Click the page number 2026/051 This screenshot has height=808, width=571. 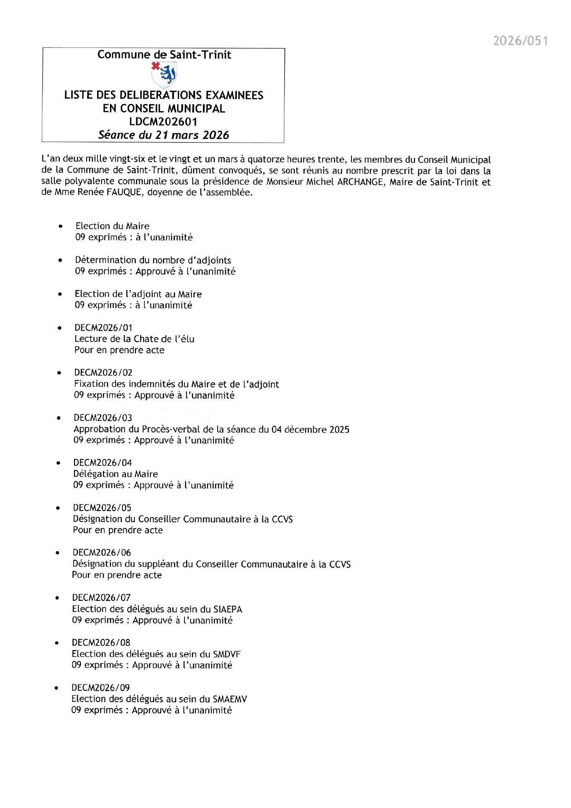tap(520, 41)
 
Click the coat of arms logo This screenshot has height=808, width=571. tap(164, 74)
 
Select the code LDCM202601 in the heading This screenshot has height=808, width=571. tap(163, 122)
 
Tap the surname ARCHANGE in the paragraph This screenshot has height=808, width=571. tap(360, 182)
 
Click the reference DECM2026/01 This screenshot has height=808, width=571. tap(103, 328)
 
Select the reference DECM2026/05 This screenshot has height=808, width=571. tap(102, 508)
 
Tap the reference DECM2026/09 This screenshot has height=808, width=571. tap(100, 688)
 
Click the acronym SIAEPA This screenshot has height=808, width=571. tap(227, 609)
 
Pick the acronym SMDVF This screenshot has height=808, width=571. tap(226, 654)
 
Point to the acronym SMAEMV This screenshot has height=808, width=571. tap(230, 699)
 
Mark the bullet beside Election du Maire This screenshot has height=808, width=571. tap(60, 227)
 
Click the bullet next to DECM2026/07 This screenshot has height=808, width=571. tap(57, 598)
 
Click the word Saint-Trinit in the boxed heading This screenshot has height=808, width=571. tap(200, 55)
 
